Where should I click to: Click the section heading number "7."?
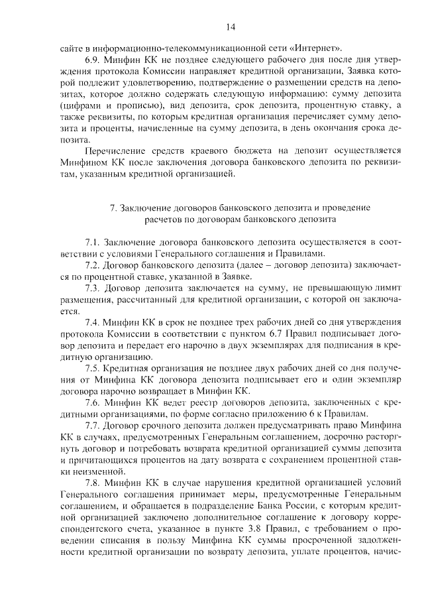pos(111,208)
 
